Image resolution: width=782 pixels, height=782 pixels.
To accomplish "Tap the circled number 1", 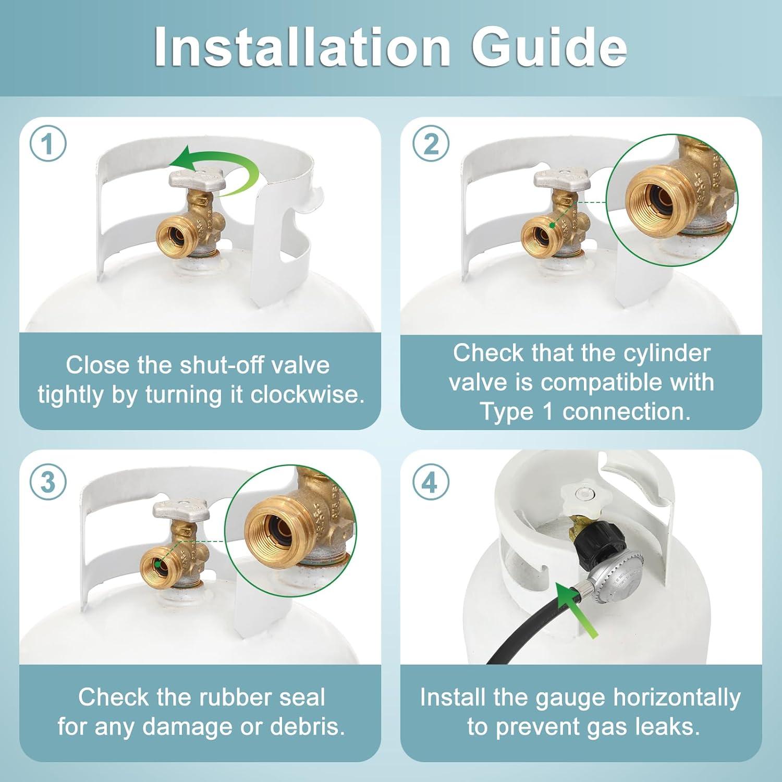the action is click(x=48, y=143).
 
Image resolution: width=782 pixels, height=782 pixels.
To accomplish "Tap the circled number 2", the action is click(x=431, y=143).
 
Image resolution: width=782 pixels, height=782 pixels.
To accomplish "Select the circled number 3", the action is click(x=48, y=482).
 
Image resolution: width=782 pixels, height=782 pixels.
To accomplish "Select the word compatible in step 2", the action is click(x=601, y=382).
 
